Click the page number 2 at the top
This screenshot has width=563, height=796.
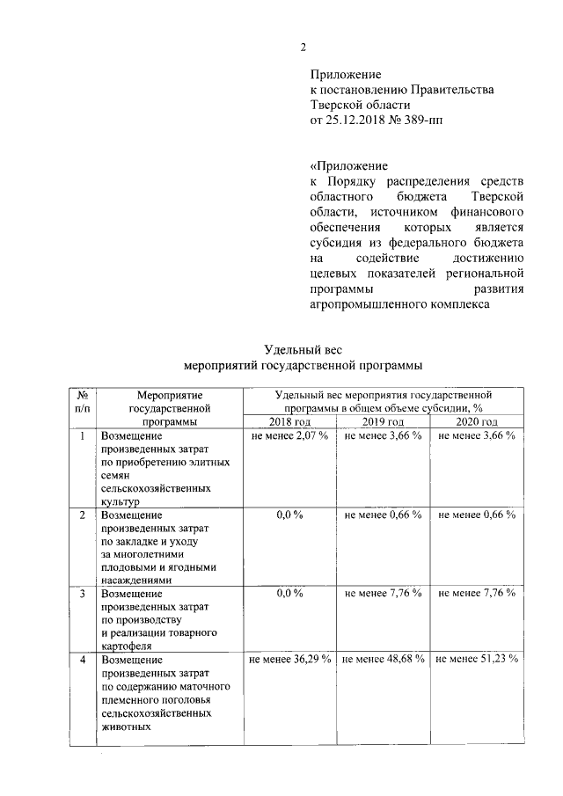pos(303,47)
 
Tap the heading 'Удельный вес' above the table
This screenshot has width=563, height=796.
pos(303,349)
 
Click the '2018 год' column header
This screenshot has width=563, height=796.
pos(290,422)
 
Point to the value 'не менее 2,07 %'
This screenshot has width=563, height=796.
pos(290,436)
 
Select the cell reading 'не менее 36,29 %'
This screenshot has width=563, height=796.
pos(290,658)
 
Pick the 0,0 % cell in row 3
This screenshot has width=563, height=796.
pos(290,594)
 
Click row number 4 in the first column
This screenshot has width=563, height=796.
pos(82,658)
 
